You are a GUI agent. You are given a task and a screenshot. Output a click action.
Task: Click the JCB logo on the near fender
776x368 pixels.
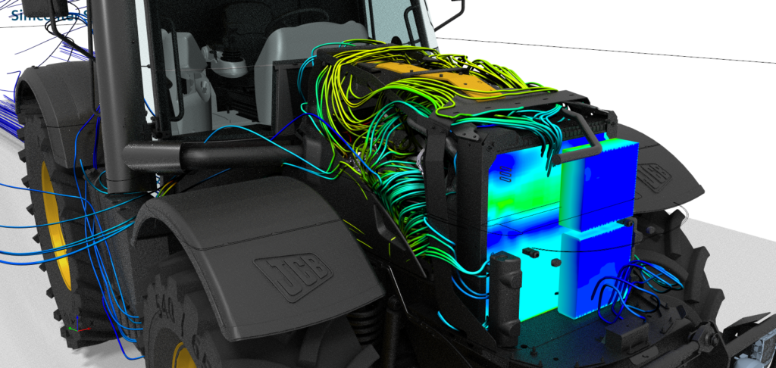tap(294, 275)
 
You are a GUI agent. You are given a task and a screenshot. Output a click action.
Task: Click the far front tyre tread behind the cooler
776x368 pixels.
tap(682, 257)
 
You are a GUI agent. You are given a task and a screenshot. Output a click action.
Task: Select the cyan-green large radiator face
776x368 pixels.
tap(523, 189)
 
